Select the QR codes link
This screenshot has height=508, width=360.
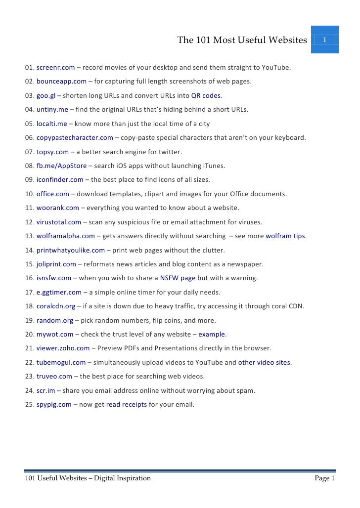coord(206,95)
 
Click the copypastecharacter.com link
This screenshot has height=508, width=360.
coord(75,138)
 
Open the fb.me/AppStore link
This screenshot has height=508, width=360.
coord(61,166)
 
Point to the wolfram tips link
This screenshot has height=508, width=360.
coord(285,236)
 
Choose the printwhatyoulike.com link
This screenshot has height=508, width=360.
coord(71,250)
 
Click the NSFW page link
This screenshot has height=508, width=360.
coord(178,278)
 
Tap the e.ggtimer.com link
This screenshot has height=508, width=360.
coord(59,292)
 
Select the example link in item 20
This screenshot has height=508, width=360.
coord(211,335)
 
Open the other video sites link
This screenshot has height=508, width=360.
coord(264,363)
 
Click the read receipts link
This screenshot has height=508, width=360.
coord(127,405)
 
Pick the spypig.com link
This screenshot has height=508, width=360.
coord(54,405)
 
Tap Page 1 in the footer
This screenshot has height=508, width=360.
coord(325,478)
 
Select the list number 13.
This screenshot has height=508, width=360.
coord(29,236)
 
